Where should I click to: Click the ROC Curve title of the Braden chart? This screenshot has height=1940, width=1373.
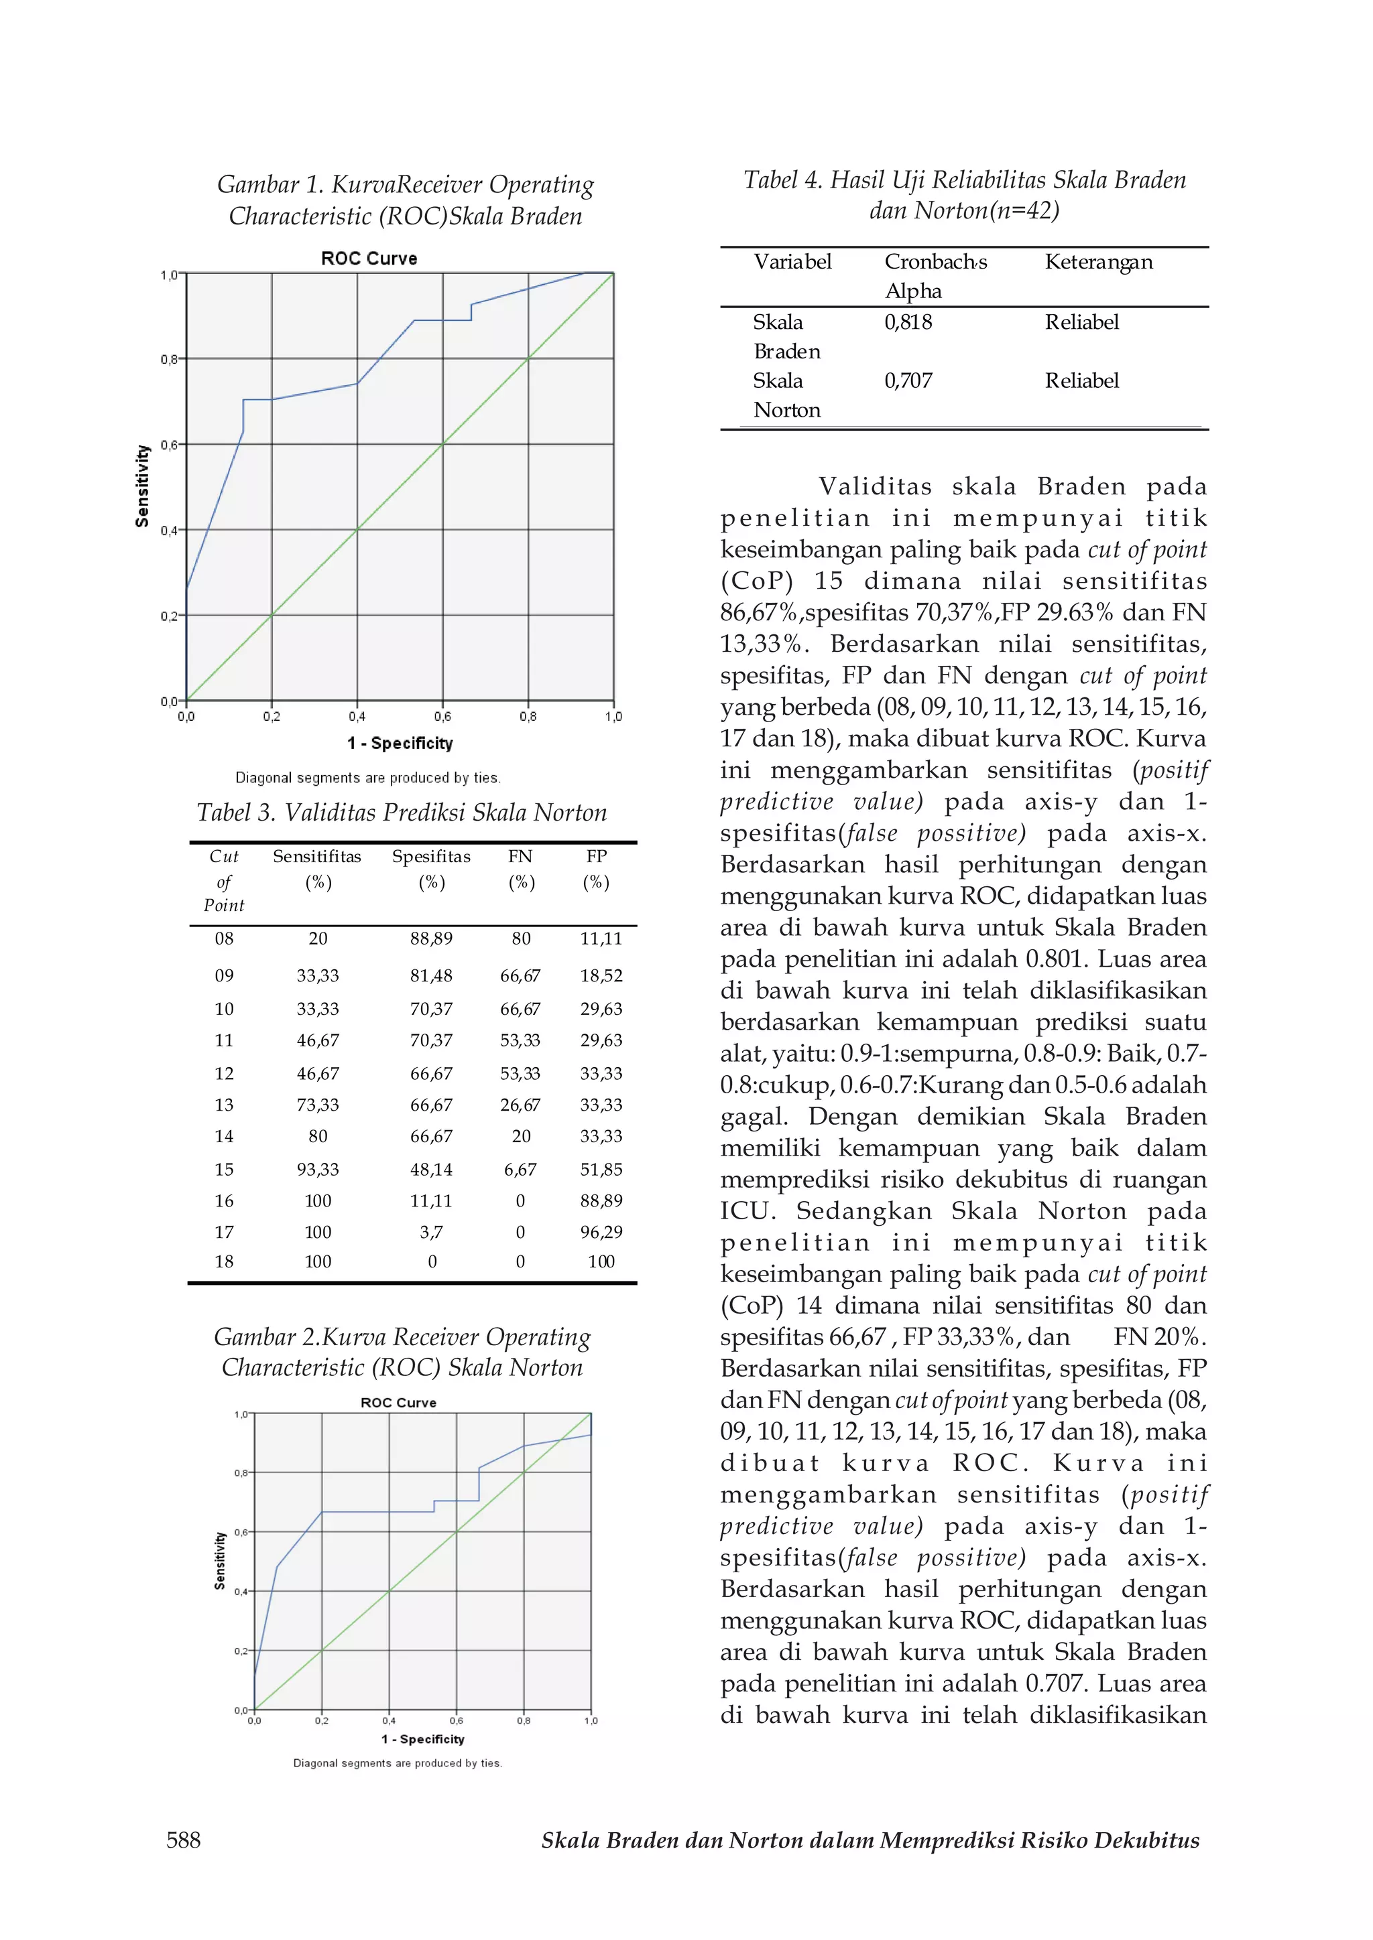369,259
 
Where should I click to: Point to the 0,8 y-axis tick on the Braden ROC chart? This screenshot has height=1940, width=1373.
169,359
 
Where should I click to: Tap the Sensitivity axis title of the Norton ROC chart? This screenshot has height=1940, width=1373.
220,1561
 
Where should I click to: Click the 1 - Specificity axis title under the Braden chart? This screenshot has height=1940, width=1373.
400,743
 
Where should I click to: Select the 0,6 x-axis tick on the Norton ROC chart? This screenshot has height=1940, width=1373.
457,1720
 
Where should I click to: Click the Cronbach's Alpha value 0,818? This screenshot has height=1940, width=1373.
908,322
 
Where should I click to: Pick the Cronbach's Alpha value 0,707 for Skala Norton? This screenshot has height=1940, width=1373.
908,380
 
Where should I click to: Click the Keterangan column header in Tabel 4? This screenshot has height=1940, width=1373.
1098,262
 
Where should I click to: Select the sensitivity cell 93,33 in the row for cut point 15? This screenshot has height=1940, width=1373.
318,1170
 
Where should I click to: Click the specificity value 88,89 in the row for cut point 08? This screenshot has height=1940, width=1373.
431,938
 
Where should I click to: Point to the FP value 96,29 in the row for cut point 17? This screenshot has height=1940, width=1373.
601,1232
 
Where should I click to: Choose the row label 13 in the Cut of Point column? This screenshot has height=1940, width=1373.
224,1105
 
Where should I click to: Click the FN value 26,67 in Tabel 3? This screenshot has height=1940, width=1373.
520,1105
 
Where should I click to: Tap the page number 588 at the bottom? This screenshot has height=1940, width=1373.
184,1840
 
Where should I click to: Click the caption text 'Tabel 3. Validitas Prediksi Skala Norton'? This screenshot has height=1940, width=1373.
402,812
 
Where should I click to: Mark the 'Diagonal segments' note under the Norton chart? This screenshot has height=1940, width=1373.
398,1762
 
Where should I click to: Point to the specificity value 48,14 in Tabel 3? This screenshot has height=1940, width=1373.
431,1170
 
